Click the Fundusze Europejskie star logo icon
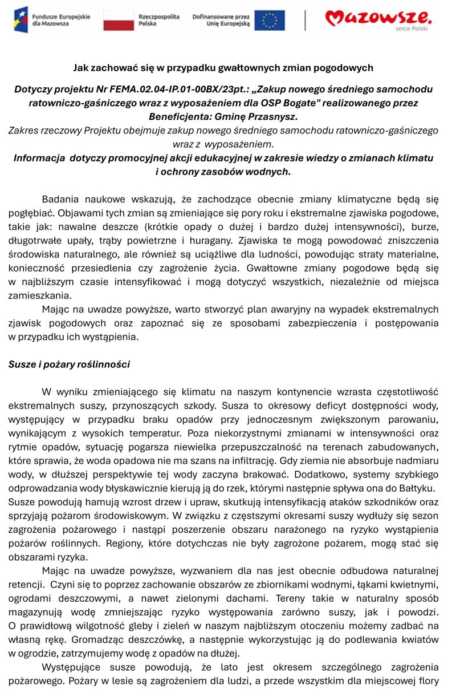pos(21,19)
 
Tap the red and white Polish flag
pos(119,20)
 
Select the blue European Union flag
pos(269,20)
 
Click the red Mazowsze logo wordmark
pos(378,18)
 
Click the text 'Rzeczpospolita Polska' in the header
pos(158,21)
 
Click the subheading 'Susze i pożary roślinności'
pos(69,364)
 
